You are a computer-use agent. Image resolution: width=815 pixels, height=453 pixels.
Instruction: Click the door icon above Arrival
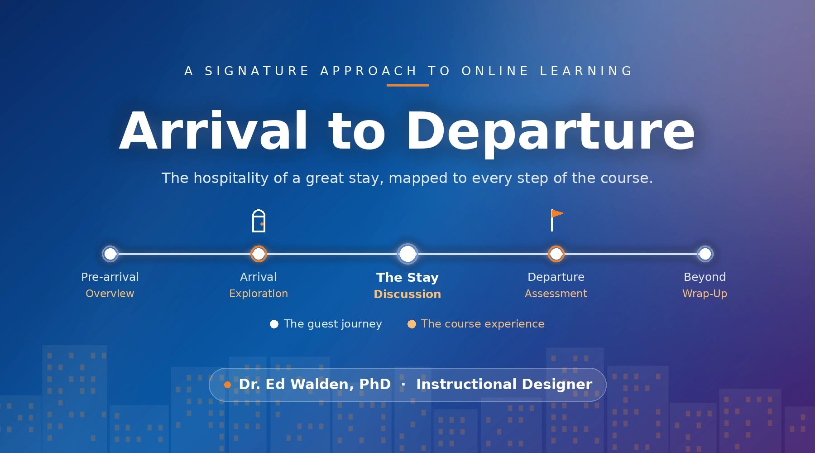[259, 221]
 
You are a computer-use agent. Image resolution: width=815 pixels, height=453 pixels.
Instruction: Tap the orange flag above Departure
[557, 220]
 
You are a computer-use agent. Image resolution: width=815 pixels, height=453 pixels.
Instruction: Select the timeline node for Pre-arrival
[110, 254]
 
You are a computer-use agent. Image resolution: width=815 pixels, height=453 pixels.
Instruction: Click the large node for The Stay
[407, 254]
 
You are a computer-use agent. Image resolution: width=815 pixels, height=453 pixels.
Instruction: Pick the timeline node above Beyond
[705, 254]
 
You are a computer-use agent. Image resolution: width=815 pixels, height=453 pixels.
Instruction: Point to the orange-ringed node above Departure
[556, 254]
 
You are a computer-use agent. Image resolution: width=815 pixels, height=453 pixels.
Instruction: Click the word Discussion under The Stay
[407, 294]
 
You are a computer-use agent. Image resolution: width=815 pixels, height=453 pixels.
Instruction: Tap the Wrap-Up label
[705, 294]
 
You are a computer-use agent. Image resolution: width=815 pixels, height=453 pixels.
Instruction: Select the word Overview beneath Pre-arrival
[110, 294]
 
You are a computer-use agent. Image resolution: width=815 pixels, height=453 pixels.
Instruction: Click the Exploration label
[259, 294]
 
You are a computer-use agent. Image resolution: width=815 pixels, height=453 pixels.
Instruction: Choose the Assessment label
[556, 294]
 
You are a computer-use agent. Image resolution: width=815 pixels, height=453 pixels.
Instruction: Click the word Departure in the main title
[550, 131]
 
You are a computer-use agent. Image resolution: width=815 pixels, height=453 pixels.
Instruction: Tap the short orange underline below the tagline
[407, 85]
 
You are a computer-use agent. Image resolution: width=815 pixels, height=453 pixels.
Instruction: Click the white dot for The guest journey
[274, 324]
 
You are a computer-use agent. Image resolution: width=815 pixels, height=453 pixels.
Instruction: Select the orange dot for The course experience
[412, 324]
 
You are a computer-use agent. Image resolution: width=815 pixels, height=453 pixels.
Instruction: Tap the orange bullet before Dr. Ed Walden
[227, 385]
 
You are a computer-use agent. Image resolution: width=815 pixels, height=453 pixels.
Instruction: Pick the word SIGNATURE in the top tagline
[257, 71]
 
